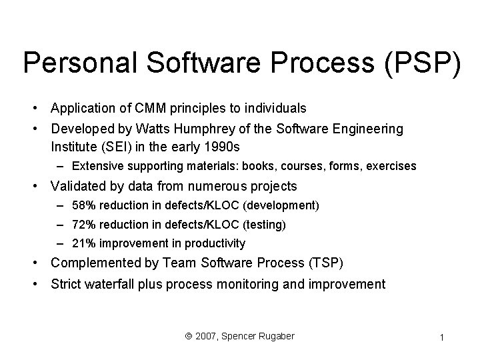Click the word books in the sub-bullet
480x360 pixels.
click(263, 166)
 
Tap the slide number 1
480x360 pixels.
click(442, 339)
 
